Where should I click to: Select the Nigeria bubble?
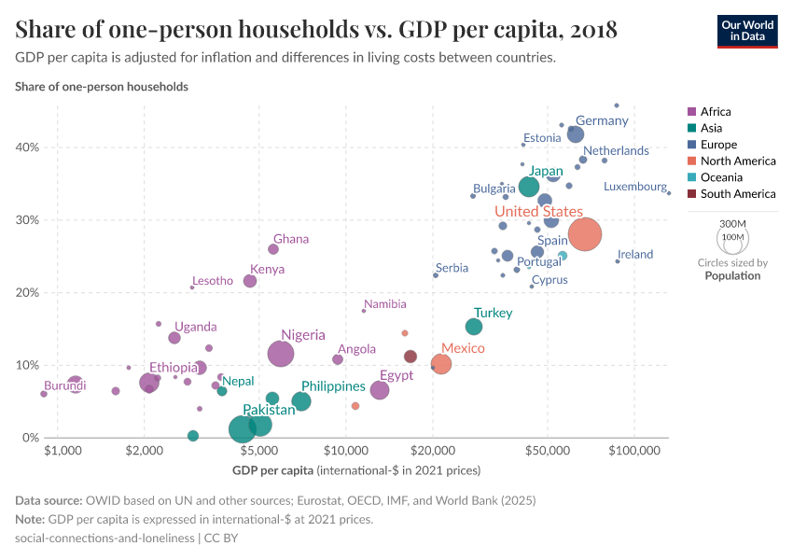point(281,354)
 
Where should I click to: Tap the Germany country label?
point(602,121)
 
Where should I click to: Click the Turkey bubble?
point(474,327)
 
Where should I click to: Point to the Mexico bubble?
point(441,363)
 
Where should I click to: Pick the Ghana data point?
point(273,249)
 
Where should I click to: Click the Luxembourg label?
point(634,187)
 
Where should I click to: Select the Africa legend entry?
point(716,112)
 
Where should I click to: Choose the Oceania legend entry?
point(721,177)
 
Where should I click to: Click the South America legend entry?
point(737,194)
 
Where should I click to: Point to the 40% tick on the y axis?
point(27,147)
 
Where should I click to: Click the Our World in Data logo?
point(747,30)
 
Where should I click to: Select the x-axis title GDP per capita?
point(272,469)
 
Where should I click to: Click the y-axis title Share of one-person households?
point(102,87)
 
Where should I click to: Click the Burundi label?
point(65,385)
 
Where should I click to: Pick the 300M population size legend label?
point(733,224)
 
